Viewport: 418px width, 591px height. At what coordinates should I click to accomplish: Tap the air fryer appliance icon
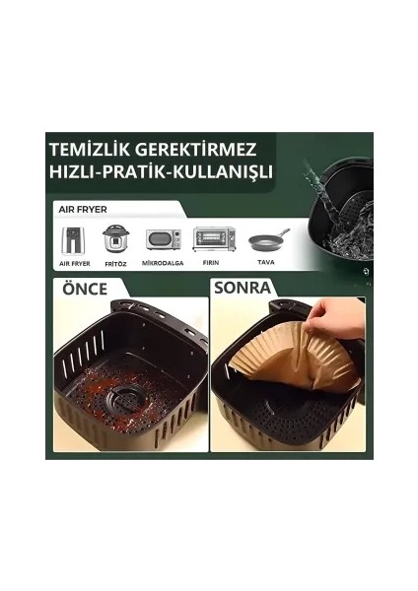click(x=74, y=241)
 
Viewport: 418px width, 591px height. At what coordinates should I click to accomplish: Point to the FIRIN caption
click(x=214, y=263)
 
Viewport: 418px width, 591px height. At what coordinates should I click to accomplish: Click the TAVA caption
click(x=266, y=263)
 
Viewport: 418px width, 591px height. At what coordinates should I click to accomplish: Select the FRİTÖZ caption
click(x=115, y=263)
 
